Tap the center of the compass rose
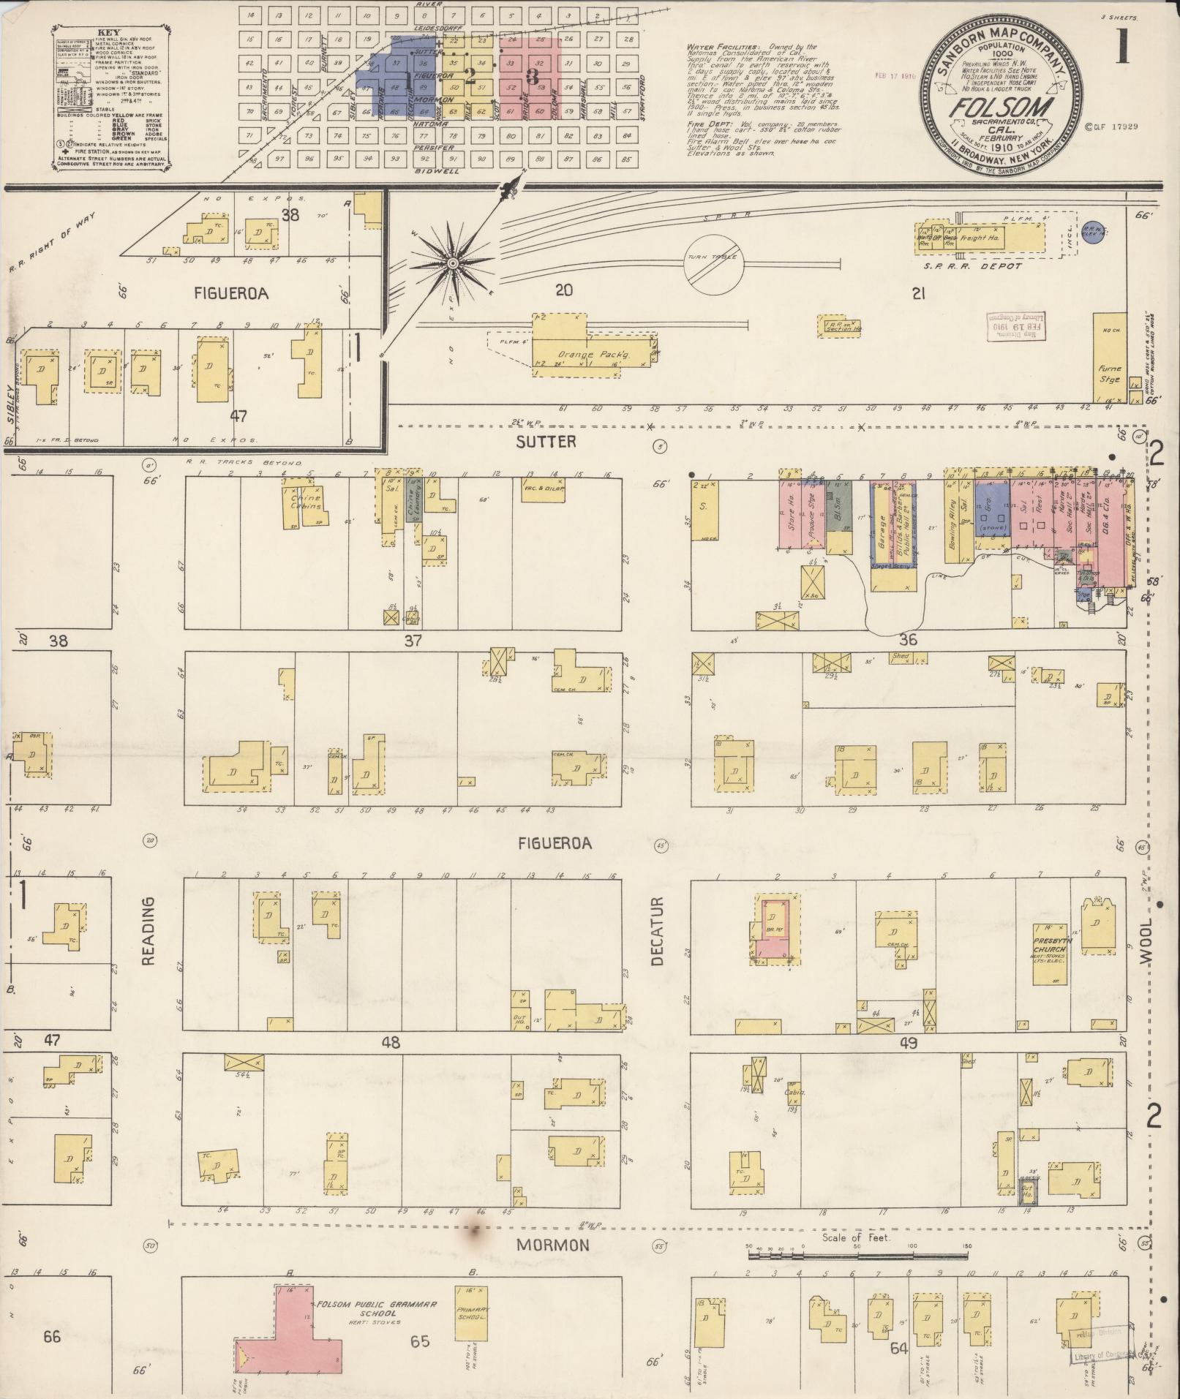coord(452,263)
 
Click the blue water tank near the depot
coord(1094,232)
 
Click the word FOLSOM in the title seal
coord(1001,108)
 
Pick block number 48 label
coord(391,1042)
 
